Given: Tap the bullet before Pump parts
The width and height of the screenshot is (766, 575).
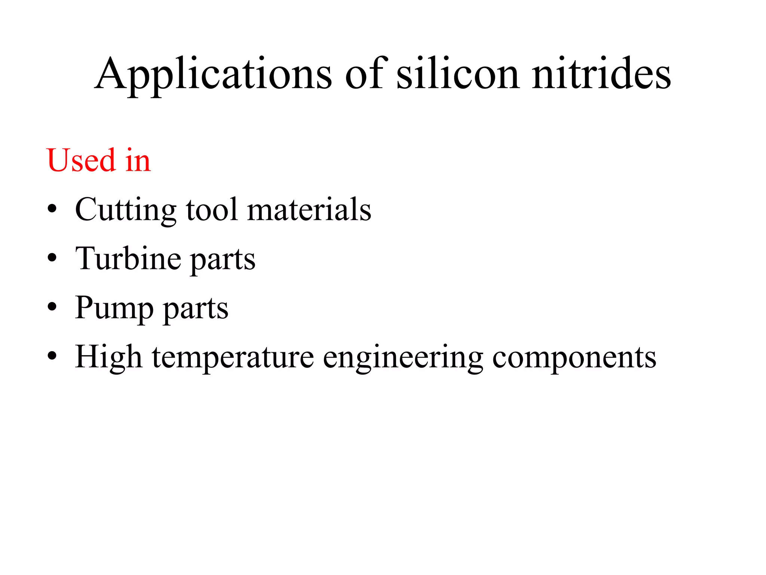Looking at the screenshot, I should (x=52, y=307).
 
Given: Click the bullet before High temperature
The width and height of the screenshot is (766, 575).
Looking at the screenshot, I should (x=52, y=356).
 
